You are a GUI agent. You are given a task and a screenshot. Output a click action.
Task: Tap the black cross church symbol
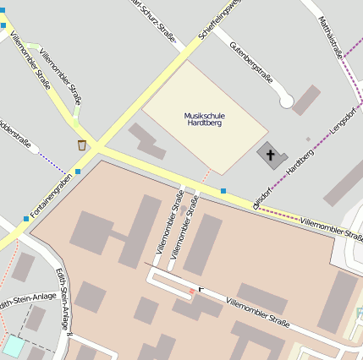point(271,155)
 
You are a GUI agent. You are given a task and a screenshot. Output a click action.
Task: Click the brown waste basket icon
point(81,145)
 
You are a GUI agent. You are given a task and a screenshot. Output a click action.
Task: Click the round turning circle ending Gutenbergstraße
point(286,101)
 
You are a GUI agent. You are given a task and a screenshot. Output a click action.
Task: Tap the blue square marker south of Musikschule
point(223,191)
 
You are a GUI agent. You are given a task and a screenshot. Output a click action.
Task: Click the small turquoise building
point(14,345)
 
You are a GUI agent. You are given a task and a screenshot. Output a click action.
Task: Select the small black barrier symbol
point(201,289)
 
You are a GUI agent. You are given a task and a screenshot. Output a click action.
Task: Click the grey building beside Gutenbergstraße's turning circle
point(306,100)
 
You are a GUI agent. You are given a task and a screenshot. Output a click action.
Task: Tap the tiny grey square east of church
point(308,139)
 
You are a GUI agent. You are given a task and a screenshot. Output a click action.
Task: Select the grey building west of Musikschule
point(146,140)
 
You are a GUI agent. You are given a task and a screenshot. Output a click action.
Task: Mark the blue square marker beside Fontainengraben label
point(78,172)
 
